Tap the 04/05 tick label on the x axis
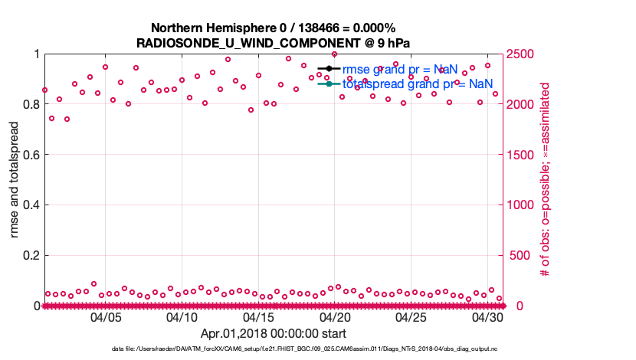pyautogui.click(x=106, y=317)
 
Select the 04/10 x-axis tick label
pyautogui.click(x=182, y=317)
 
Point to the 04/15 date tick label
pyautogui.click(x=258, y=317)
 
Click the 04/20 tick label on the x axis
pyautogui.click(x=334, y=317)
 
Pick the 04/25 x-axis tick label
pyautogui.click(x=411, y=317)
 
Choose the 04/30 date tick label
pyautogui.click(x=487, y=317)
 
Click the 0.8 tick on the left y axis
pyautogui.click(x=30, y=104)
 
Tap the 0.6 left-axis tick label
pyautogui.click(x=30, y=155)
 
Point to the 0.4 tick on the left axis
pyautogui.click(x=30, y=205)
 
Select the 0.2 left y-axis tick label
pyautogui.click(x=30, y=256)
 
